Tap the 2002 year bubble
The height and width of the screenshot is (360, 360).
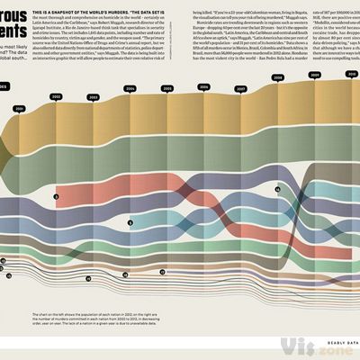click(56, 95)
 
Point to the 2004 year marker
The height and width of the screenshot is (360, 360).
click(130, 89)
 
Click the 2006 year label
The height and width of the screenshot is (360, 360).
click(204, 88)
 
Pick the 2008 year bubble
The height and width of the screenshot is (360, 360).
click(278, 78)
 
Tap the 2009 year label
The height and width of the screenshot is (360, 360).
click(315, 76)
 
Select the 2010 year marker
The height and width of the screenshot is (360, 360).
click(350, 75)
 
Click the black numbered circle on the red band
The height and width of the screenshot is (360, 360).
click(56, 195)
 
